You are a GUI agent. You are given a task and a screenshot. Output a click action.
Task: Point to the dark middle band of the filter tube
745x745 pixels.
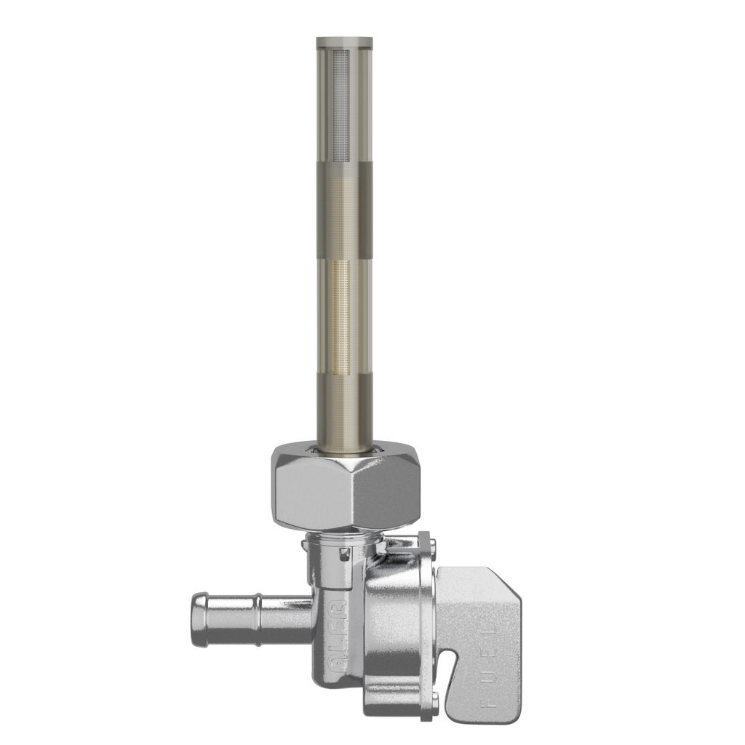pos(344,211)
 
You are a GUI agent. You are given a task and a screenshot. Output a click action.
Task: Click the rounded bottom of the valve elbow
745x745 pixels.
pos(335,677)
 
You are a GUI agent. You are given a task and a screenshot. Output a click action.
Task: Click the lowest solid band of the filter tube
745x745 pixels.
pos(344,407)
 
